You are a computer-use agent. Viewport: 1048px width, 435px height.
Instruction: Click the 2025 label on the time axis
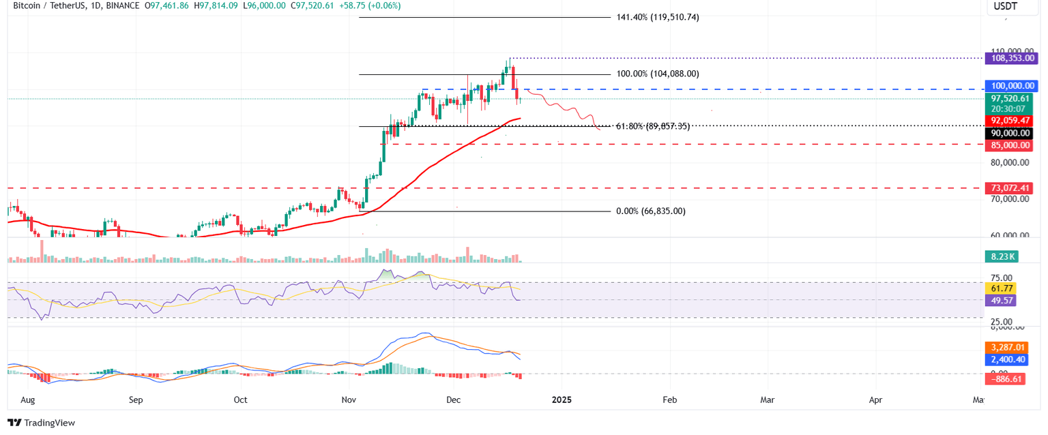[x=562, y=400]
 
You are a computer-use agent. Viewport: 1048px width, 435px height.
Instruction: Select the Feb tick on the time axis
[x=669, y=400]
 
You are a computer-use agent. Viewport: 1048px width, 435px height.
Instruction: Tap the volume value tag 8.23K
[x=1000, y=257]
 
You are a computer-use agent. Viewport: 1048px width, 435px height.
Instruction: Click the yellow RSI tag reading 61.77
[x=1000, y=288]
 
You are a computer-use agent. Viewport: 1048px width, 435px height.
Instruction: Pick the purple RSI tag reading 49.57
[x=1000, y=300]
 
